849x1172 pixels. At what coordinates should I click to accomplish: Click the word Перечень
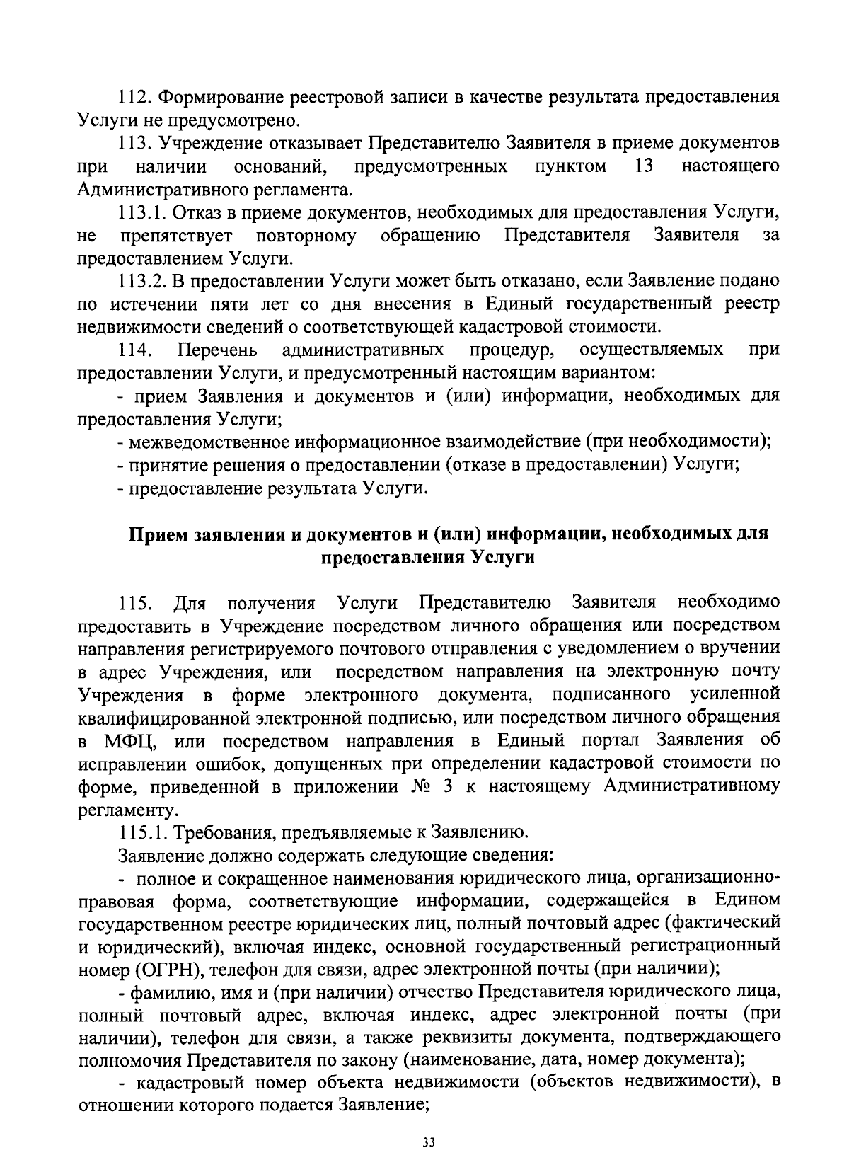[x=217, y=350]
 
